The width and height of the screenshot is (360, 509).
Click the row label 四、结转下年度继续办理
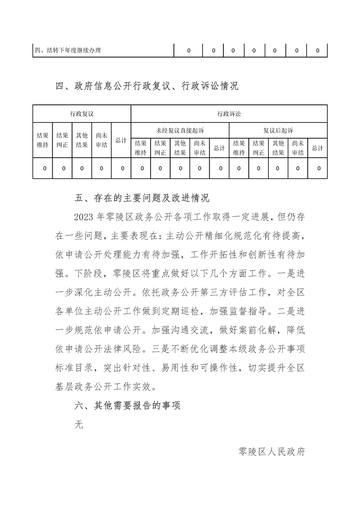click(x=68, y=50)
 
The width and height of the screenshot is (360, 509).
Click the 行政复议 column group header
click(x=82, y=113)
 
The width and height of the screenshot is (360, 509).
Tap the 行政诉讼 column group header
click(x=229, y=113)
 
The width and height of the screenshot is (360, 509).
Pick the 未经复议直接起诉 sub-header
click(x=180, y=130)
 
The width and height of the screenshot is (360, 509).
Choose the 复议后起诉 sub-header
click(x=278, y=130)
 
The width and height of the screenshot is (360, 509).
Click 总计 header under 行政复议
click(x=121, y=140)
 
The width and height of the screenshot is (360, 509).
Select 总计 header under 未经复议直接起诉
click(x=219, y=148)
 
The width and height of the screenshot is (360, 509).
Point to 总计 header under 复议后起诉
click(x=317, y=148)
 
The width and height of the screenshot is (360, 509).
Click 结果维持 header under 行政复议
click(x=43, y=140)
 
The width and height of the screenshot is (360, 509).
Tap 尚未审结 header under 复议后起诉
click(x=298, y=148)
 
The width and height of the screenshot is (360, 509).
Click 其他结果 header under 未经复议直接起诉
click(x=180, y=148)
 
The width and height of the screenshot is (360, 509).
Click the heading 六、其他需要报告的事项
click(x=128, y=406)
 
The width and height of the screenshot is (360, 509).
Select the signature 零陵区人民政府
click(x=271, y=452)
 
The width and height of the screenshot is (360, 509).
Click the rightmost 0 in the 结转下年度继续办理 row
click(x=317, y=50)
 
